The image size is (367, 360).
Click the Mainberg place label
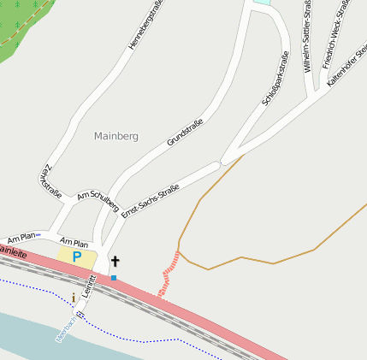pyautogui.click(x=115, y=136)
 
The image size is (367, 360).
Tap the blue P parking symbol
pyautogui.click(x=76, y=256)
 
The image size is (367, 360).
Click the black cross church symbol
pyautogui.click(x=115, y=261)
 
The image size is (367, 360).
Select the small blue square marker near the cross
pyautogui.click(x=114, y=278)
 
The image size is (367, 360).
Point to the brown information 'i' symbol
pyautogui.click(x=74, y=298)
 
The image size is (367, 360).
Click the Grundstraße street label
pyautogui.click(x=185, y=131)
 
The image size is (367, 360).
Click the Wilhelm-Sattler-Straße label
pyautogui.click(x=309, y=36)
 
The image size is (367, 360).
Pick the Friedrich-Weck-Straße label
pyautogui.click(x=336, y=34)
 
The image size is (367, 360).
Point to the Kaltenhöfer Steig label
pyautogui.click(x=346, y=62)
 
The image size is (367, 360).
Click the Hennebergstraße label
pyautogui.click(x=145, y=25)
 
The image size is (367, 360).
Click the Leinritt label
pyautogui.click(x=89, y=294)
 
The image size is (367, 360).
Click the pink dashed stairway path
pyautogui.click(x=169, y=274)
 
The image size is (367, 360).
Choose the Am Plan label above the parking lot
pyautogui.click(x=74, y=243)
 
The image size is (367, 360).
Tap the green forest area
pyautogui.click(x=21, y=26)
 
